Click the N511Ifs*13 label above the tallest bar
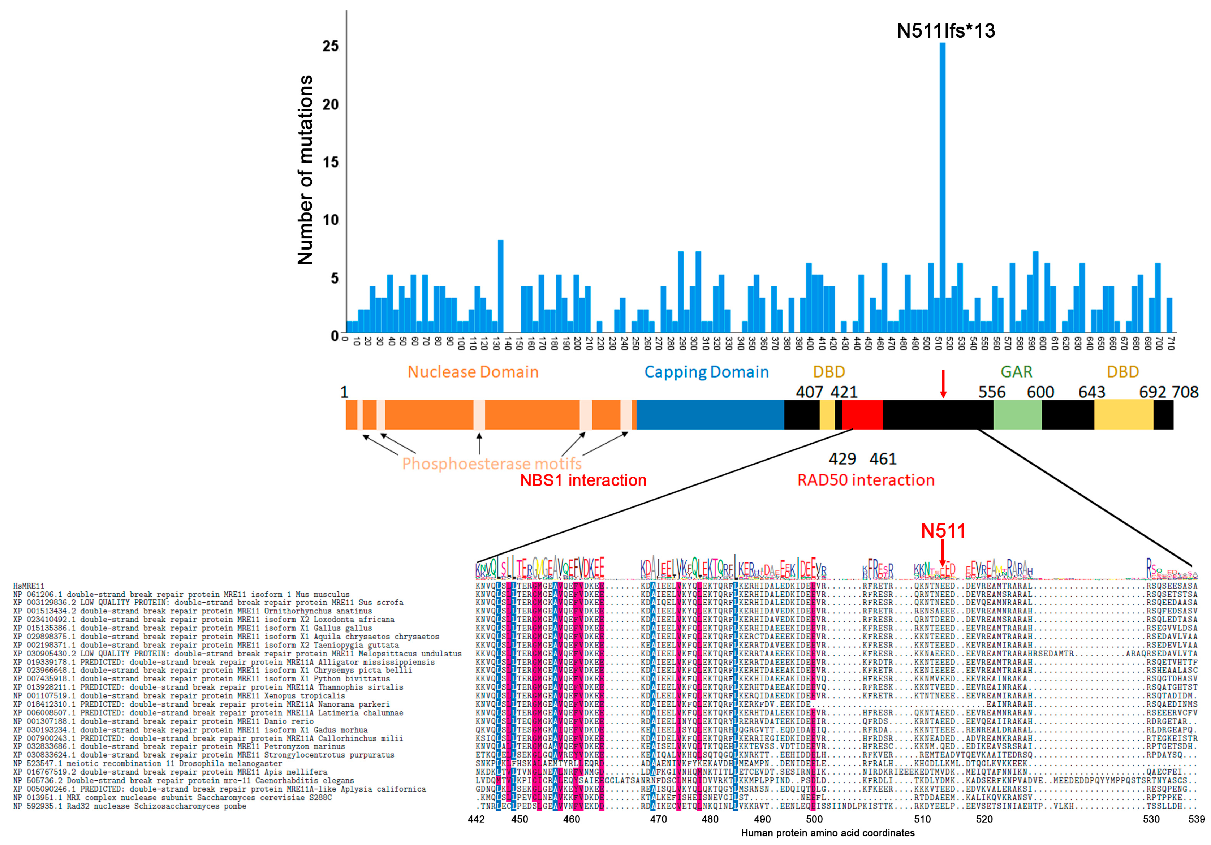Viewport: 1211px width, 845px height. (946, 31)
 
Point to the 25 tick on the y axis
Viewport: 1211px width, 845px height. (331, 46)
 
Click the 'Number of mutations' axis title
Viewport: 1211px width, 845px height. (305, 170)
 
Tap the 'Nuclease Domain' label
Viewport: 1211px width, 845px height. (473, 372)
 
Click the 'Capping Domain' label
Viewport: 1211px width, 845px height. (706, 372)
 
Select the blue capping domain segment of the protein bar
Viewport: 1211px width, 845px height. (710, 415)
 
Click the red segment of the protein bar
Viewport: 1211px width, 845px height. (862, 415)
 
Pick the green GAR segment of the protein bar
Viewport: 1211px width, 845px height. (1017, 415)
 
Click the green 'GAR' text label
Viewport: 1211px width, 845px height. (1016, 372)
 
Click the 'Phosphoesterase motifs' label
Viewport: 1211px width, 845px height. (492, 464)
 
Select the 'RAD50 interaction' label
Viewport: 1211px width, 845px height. (866, 480)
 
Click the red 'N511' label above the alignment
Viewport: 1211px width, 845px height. (943, 531)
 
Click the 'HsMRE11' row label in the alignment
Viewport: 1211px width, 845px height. (29, 586)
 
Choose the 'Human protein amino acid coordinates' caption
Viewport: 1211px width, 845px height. (828, 833)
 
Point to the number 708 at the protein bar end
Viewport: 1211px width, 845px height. (1185, 392)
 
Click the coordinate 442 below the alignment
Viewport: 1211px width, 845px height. (476, 819)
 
